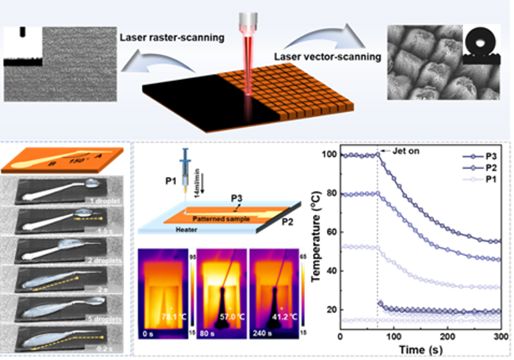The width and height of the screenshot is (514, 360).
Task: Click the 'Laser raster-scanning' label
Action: [x=172, y=38]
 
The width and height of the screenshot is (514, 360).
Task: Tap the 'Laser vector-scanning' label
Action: [x=327, y=57]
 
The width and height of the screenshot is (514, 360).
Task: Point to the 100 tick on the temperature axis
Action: [x=328, y=155]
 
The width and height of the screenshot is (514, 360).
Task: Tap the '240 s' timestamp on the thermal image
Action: [x=262, y=334]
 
